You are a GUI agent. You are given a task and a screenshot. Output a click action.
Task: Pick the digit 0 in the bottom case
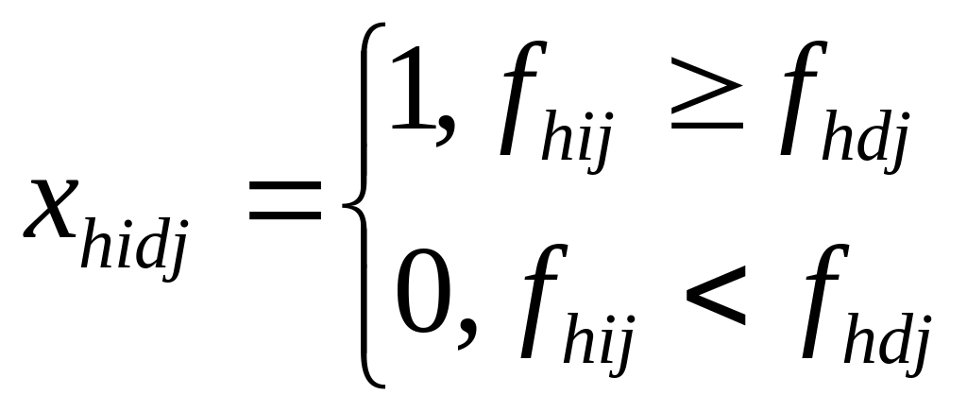(421, 300)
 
